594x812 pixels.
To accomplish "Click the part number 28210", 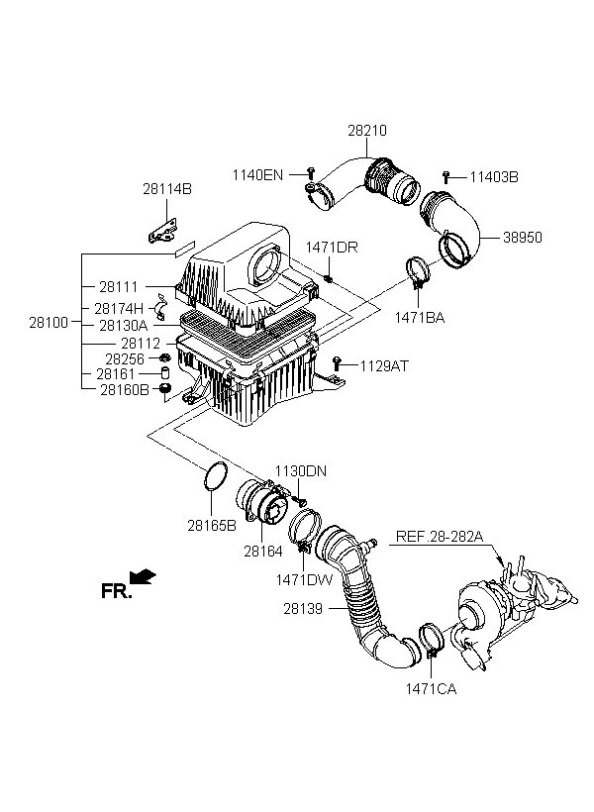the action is click(367, 131).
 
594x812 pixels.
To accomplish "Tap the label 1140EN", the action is click(257, 175).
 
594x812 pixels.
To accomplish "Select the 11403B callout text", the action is click(494, 177).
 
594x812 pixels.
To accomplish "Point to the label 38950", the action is click(523, 238).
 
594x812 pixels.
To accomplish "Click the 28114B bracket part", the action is click(162, 231).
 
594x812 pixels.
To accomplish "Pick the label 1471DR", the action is click(332, 247).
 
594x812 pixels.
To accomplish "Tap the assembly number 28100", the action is click(49, 323).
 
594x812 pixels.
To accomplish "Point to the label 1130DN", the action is click(300, 471).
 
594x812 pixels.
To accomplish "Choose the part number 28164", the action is click(263, 552).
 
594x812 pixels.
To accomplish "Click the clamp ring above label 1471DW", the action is click(305, 528).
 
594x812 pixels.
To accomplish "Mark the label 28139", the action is click(303, 609).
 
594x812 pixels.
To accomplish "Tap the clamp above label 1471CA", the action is click(431, 640).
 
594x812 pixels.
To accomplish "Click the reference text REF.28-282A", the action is click(440, 537).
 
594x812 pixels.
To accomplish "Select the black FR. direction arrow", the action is click(143, 576).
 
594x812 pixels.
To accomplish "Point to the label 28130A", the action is click(123, 326).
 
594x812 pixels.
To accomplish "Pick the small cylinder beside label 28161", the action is click(166, 373).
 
